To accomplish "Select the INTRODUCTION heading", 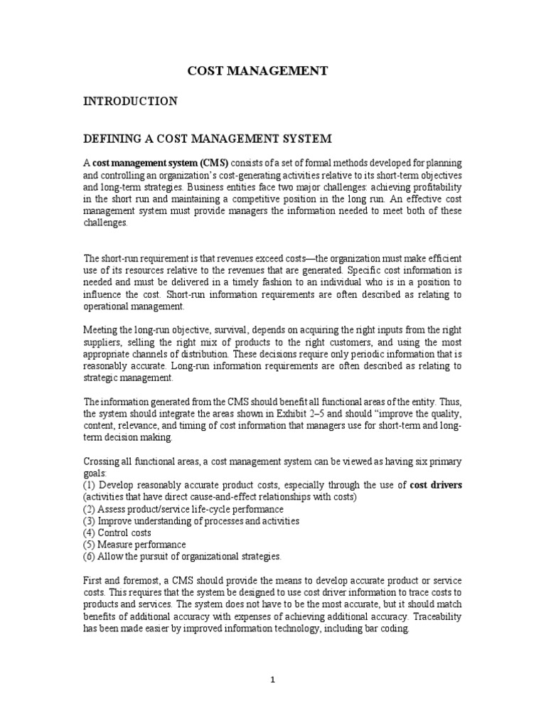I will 130,102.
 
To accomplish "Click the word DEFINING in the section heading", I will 114,138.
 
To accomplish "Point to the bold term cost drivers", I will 436,485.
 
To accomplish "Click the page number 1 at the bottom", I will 273,679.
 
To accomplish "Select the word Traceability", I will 435,618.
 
